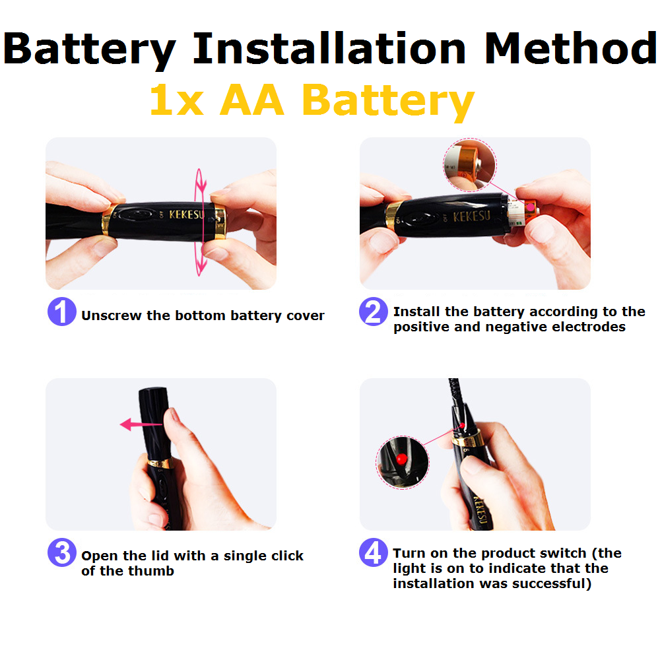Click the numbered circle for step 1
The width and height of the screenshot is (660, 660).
pyautogui.click(x=62, y=312)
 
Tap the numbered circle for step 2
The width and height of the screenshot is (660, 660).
pyautogui.click(x=374, y=312)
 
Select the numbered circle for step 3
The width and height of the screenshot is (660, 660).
pyautogui.click(x=62, y=552)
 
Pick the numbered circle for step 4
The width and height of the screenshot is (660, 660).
pyautogui.click(x=374, y=552)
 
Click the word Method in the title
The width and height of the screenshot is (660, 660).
pyautogui.click(x=571, y=48)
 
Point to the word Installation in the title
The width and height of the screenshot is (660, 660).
pyautogui.click(x=329, y=48)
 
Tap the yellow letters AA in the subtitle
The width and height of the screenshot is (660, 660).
pyautogui.click(x=251, y=100)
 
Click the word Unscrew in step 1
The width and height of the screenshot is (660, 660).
pyautogui.click(x=111, y=315)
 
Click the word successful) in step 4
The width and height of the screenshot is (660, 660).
pyautogui.click(x=552, y=584)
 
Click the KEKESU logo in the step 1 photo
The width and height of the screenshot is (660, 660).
pyautogui.click(x=187, y=214)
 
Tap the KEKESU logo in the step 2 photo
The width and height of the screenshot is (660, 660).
pyautogui.click(x=471, y=216)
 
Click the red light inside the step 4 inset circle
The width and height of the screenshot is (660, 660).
pyautogui.click(x=402, y=459)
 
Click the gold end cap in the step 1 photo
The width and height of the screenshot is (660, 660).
pyautogui.click(x=220, y=221)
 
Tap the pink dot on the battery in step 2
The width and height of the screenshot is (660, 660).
pyautogui.click(x=531, y=207)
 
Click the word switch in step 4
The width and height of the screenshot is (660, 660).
pyautogui.click(x=561, y=553)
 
